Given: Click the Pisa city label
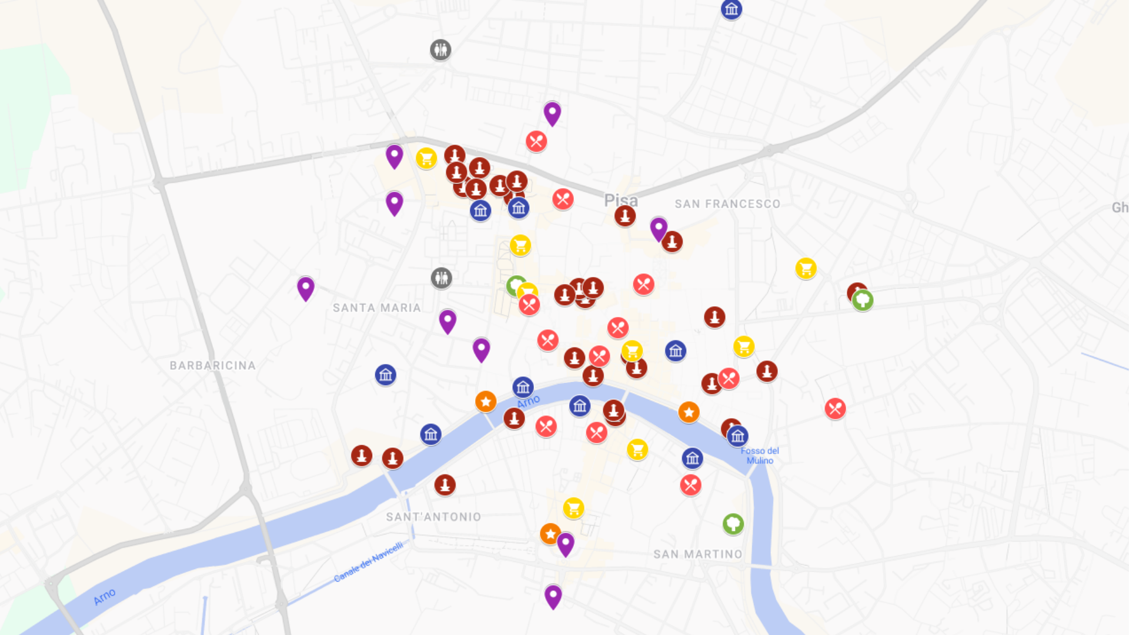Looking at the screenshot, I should (620, 200).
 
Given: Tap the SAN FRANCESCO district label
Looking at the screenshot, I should (727, 204).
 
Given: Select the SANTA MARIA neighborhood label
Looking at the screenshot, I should (376, 308).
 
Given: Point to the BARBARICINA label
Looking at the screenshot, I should (212, 365).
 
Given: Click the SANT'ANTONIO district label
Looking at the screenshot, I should (433, 517).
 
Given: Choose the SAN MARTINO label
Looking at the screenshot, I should (697, 554).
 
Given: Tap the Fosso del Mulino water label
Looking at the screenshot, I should (760, 456).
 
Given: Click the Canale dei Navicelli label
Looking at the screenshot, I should (369, 562).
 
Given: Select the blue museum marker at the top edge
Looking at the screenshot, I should (731, 9).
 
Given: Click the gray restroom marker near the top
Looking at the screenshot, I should (440, 50).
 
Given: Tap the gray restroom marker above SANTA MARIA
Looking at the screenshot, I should (441, 278).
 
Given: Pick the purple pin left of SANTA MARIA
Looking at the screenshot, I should (306, 288).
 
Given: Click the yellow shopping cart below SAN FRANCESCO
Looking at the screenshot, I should (806, 269).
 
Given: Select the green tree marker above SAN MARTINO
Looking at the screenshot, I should (733, 523).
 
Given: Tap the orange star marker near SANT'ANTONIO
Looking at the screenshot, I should (550, 534).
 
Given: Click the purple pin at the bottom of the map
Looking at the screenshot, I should (553, 596).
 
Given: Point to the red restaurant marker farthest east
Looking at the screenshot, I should (835, 408).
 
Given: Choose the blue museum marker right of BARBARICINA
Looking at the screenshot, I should (386, 375).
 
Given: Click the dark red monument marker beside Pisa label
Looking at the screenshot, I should (625, 216).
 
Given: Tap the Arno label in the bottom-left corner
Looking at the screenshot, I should (105, 597).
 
